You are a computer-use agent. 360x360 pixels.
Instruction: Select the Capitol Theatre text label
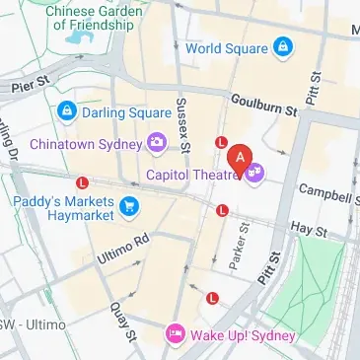[193, 175]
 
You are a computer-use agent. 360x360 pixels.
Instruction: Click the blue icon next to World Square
[283, 46]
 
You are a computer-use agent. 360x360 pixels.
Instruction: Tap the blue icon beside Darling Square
[66, 109]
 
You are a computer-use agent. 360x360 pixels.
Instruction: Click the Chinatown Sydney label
[85, 144]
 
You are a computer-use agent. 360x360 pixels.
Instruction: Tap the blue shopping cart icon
[129, 206]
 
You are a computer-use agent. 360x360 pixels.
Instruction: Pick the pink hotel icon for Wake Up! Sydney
[175, 334]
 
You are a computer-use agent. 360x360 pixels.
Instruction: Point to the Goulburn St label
[263, 105]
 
